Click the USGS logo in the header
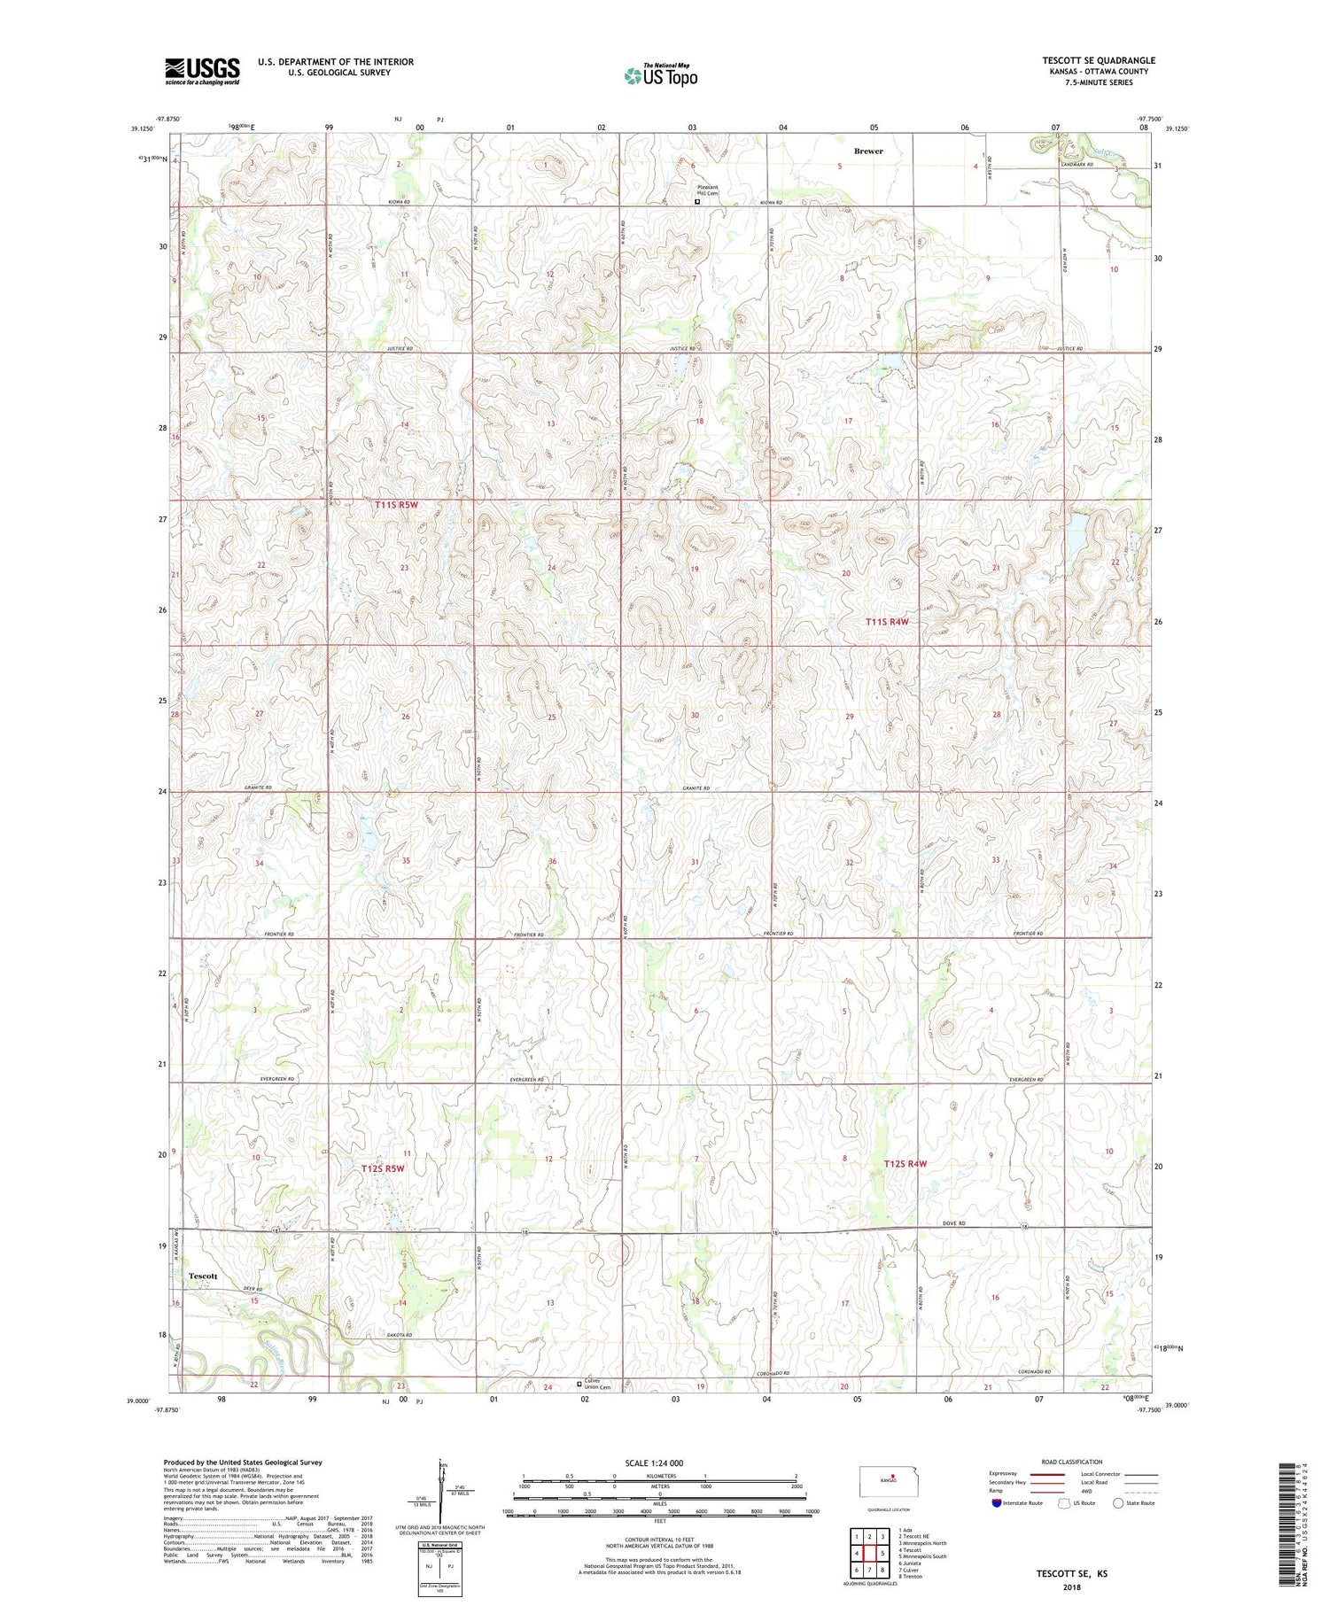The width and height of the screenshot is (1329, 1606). (x=202, y=71)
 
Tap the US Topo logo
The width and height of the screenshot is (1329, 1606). (x=661, y=76)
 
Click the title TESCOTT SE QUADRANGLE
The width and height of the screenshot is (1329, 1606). (x=1098, y=60)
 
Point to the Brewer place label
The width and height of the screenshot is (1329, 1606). (x=868, y=151)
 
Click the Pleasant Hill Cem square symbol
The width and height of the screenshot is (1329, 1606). (x=697, y=201)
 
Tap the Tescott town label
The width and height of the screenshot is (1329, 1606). (x=203, y=1276)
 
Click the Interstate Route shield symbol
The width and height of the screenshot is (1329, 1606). (x=996, y=1503)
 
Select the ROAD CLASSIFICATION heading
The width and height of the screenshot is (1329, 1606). (x=1071, y=1462)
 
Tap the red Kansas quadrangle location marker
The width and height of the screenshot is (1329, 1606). (x=894, y=1477)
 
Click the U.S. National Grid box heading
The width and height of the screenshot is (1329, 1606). (x=439, y=1545)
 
